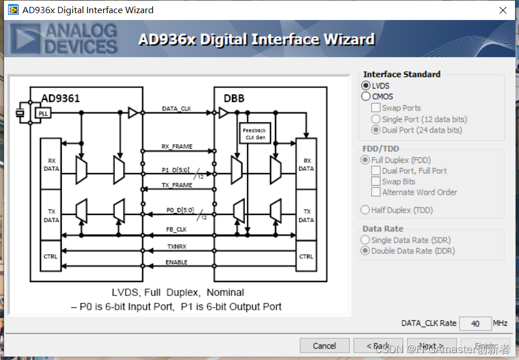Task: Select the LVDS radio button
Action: pos(366,86)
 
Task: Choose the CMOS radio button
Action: pos(366,97)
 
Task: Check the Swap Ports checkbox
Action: pos(376,108)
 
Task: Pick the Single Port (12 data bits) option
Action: pos(376,119)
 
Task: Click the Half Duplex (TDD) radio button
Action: pos(365,210)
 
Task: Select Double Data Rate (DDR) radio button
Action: pos(365,251)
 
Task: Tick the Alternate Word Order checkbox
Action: pos(376,193)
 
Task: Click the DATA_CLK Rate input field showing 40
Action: pos(474,323)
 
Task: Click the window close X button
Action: pos(503,10)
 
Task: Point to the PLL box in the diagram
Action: pos(43,113)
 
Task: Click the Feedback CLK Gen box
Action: pos(254,134)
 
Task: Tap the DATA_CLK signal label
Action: pos(177,109)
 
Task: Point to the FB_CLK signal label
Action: pos(177,230)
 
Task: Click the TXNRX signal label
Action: pos(177,246)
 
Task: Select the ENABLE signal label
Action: pos(177,262)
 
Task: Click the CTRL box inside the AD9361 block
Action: pos(50,257)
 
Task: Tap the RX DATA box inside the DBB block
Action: pos(306,165)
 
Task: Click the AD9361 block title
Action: pos(61,98)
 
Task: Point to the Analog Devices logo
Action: pos(63,39)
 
